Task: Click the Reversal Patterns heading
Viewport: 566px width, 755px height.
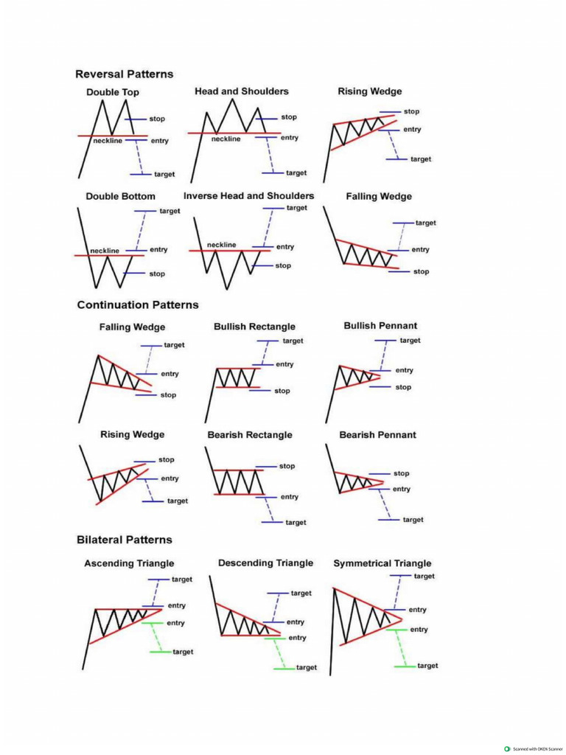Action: [x=125, y=74]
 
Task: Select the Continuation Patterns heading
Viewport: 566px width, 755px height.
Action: [x=138, y=305]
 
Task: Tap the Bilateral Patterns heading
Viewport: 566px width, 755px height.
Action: [x=125, y=540]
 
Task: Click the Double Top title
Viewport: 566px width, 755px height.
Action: [x=112, y=92]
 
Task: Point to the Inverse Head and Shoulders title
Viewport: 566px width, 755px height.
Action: [x=248, y=196]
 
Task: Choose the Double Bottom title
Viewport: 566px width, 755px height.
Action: [x=120, y=197]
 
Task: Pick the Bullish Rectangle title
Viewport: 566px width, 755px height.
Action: [x=254, y=327]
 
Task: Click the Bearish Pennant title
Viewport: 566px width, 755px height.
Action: [x=377, y=435]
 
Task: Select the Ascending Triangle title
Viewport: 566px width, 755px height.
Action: [x=129, y=563]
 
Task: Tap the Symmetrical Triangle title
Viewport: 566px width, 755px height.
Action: [x=382, y=563]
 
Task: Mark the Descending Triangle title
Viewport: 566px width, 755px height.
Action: [x=265, y=563]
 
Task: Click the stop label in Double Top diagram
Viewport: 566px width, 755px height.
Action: [x=157, y=119]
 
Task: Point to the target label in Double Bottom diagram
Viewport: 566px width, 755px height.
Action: [x=170, y=211]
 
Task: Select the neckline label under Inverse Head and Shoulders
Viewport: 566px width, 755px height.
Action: [x=222, y=244]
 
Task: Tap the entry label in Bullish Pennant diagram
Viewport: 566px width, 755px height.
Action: [x=405, y=370]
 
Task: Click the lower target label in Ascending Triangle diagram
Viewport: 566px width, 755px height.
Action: [x=183, y=652]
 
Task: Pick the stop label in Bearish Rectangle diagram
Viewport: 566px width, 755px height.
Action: [x=287, y=466]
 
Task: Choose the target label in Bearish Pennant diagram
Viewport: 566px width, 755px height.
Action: [x=413, y=520]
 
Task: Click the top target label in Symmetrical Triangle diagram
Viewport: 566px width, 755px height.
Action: [x=424, y=576]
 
